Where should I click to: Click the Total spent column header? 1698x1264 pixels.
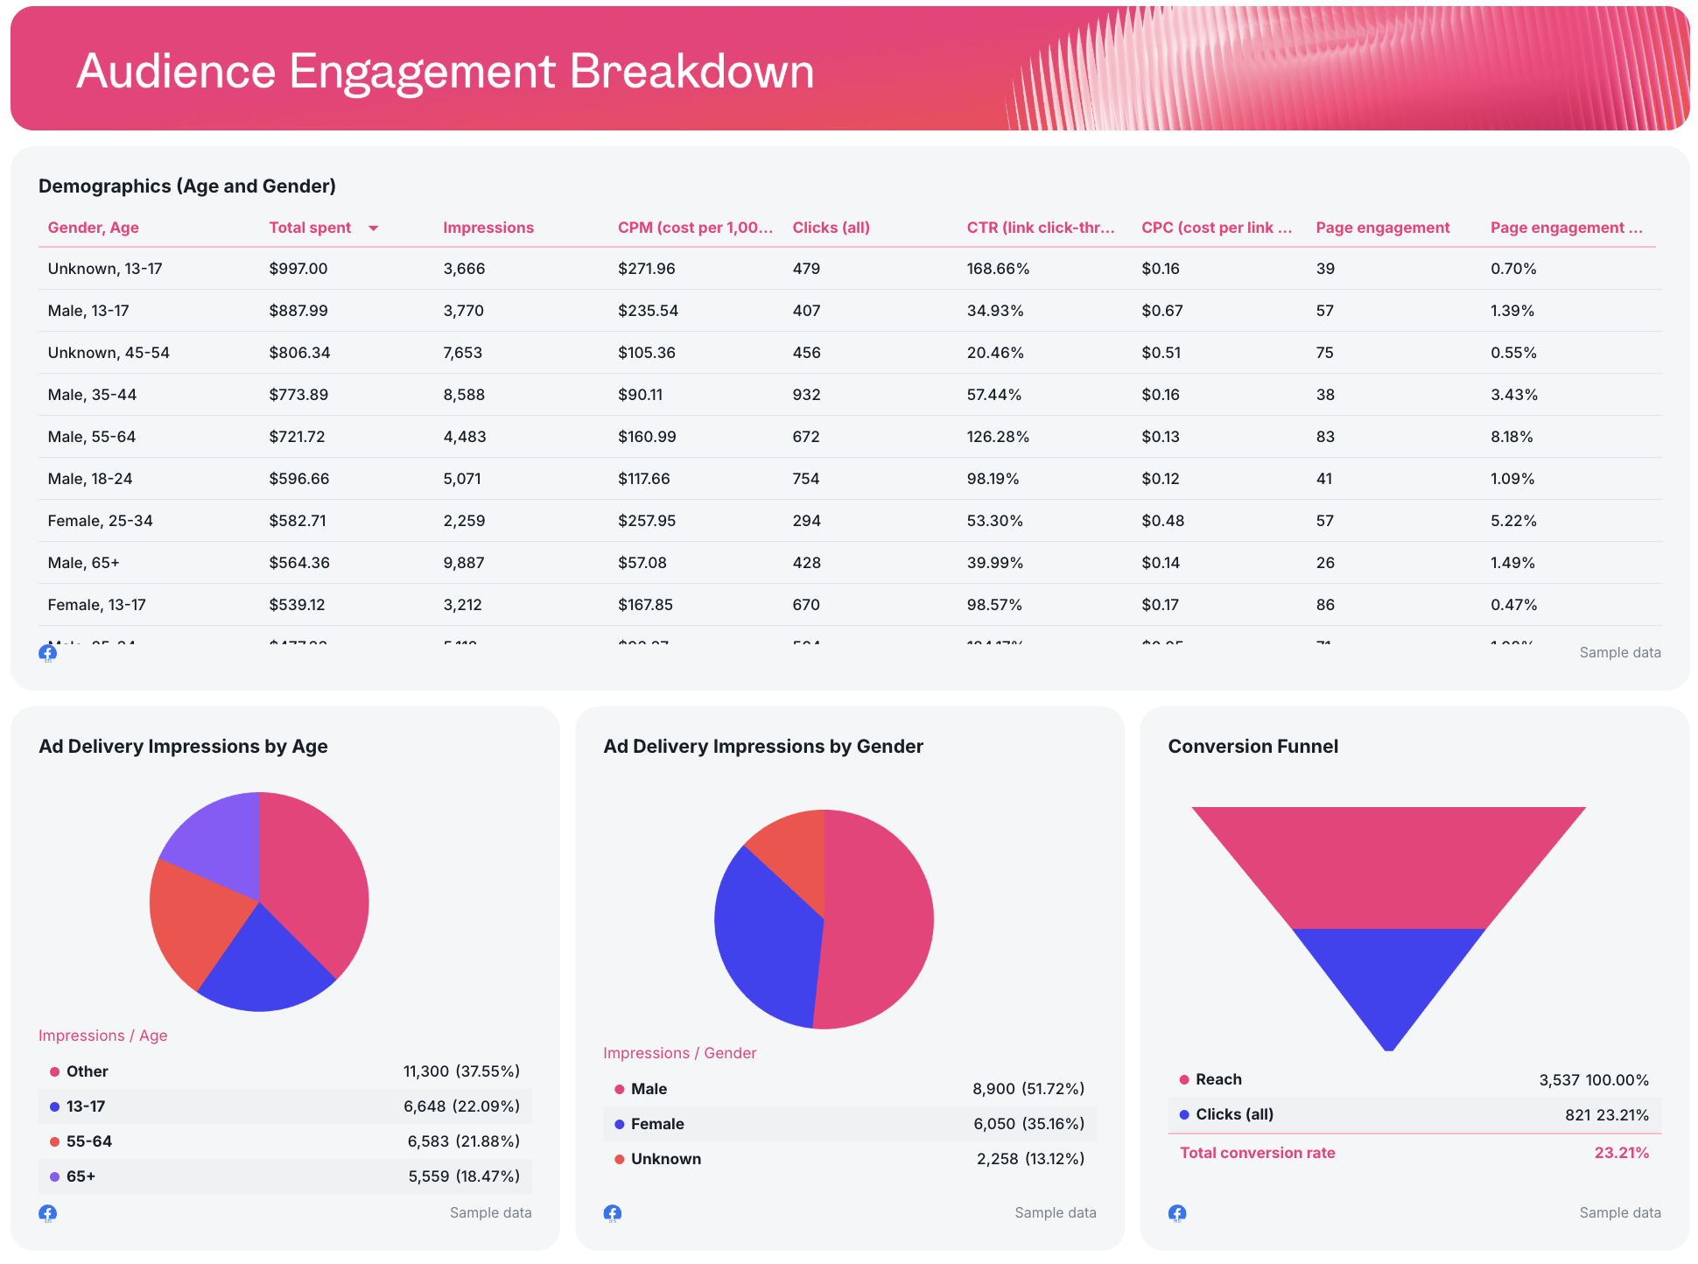(x=310, y=228)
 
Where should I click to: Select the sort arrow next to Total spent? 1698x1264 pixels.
(x=374, y=228)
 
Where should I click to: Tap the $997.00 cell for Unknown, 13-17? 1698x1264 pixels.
(x=298, y=269)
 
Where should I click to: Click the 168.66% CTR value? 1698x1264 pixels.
(x=998, y=269)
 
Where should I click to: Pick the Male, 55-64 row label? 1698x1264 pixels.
(x=92, y=437)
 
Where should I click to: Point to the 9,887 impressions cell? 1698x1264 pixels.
(x=464, y=563)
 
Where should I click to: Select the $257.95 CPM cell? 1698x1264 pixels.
(x=647, y=521)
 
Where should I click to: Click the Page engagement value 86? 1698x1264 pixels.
(x=1326, y=605)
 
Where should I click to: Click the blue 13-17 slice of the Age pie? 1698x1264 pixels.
(x=263, y=963)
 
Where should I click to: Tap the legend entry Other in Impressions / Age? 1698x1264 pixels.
(x=87, y=1071)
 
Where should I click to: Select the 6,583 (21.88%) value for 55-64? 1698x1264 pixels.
(x=463, y=1141)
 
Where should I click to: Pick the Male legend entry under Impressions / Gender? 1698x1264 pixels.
(x=649, y=1089)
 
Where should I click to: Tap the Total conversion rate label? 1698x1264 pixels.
(x=1257, y=1153)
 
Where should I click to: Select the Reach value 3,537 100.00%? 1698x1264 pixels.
(x=1593, y=1080)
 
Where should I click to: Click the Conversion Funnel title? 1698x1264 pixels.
(x=1252, y=747)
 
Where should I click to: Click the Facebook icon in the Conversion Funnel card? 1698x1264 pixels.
(x=1177, y=1213)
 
